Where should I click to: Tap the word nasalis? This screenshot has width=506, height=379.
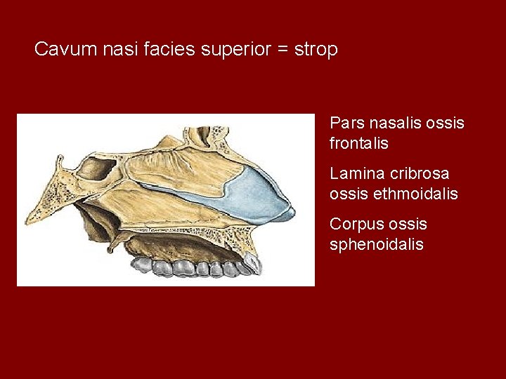click(x=400, y=123)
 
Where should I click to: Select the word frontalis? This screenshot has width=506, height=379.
click(x=358, y=143)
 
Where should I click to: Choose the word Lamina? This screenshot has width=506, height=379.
click(x=355, y=173)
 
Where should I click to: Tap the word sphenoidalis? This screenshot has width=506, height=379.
click(x=377, y=244)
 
